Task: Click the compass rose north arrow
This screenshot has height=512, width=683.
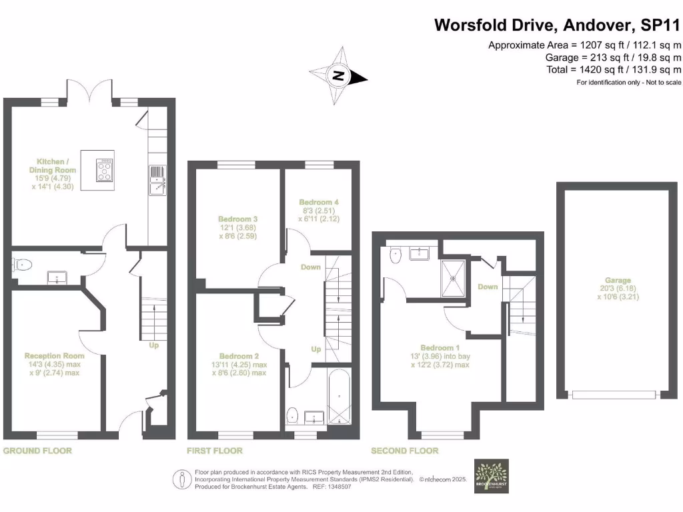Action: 339,75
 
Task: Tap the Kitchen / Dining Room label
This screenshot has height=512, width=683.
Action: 57,165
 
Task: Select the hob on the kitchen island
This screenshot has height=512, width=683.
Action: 105,169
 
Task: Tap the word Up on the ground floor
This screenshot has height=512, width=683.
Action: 153,346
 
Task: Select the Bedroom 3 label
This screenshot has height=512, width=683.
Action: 237,219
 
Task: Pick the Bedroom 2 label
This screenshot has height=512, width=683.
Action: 237,355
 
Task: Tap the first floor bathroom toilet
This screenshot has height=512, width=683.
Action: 292,416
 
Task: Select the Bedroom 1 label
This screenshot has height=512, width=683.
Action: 440,347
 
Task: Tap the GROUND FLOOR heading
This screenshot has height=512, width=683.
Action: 37,451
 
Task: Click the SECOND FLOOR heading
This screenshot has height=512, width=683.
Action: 405,451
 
